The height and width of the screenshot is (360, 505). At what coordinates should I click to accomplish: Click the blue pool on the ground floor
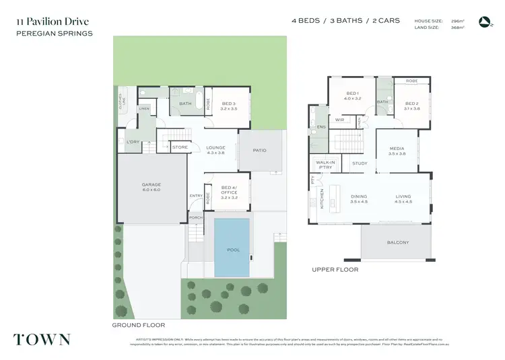point(233,249)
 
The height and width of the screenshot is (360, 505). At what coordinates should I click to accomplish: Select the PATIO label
point(259,150)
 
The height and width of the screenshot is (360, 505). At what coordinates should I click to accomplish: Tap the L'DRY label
point(133,142)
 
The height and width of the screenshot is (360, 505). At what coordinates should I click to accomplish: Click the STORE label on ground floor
point(180,147)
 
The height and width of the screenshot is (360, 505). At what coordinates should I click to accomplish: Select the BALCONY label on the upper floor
point(398,243)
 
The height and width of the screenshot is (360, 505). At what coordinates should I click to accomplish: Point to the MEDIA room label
point(397,151)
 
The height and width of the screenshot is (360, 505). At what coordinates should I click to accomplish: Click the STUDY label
point(359,163)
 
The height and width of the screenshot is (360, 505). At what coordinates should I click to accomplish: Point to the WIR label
point(340,120)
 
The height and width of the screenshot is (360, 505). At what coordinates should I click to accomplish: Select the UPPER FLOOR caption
point(335,270)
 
